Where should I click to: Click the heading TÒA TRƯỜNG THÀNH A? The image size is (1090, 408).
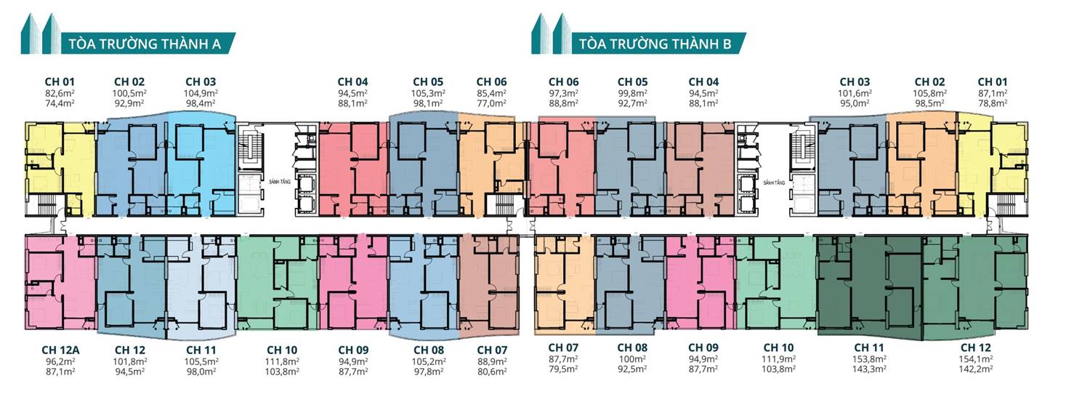[x=145, y=44]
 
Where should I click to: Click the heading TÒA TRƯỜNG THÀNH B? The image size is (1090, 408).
[x=655, y=44]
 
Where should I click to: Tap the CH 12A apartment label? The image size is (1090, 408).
[x=60, y=350]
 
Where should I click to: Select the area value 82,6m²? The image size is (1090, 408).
[x=60, y=92]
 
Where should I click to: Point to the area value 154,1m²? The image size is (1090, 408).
[x=976, y=359]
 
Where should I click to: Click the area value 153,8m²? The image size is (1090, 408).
[x=869, y=359]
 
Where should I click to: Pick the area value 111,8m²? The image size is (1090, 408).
[x=282, y=361]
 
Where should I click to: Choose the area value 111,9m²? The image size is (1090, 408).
[x=778, y=359]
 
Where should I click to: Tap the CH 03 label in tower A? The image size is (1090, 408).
[x=201, y=81]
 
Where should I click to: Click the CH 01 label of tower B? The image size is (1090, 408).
[x=993, y=81]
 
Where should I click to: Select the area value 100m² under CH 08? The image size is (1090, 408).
[x=632, y=359]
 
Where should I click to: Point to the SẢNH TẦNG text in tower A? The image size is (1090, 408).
[x=280, y=182]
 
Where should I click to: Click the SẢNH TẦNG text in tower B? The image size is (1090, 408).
[x=774, y=183]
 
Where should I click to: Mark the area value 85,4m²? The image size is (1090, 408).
[x=491, y=92]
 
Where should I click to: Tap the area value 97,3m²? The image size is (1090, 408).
[x=563, y=92]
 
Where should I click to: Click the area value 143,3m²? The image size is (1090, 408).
[x=869, y=369]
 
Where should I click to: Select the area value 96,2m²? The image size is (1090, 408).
[x=60, y=361]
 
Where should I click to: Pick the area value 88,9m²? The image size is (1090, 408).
[x=492, y=361]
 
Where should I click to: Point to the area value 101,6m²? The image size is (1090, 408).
[x=855, y=92]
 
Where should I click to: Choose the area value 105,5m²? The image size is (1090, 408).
[x=201, y=361]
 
